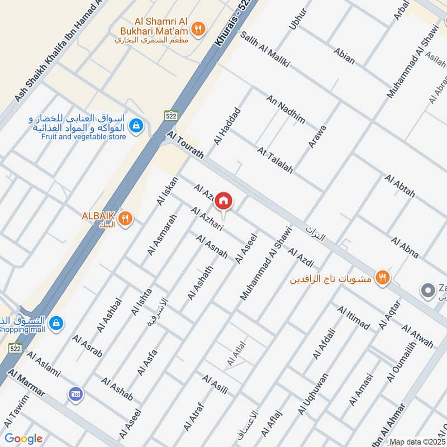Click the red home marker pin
click(x=223, y=200)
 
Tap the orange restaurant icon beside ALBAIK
click(x=126, y=219)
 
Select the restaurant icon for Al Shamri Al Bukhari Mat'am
click(x=197, y=28)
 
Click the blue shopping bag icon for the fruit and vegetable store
click(x=135, y=126)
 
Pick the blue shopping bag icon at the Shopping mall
click(x=56, y=323)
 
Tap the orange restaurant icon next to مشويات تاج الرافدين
click(x=382, y=277)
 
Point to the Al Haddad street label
click(x=226, y=126)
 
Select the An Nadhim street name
click(x=286, y=110)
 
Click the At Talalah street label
click(x=275, y=160)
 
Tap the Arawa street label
click(x=317, y=136)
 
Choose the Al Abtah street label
click(x=400, y=186)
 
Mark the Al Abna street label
click(x=405, y=248)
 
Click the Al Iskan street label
click(x=167, y=191)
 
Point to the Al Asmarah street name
click(x=162, y=235)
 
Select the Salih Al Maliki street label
click(x=265, y=49)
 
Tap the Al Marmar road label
click(x=27, y=384)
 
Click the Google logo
click(x=23, y=439)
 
